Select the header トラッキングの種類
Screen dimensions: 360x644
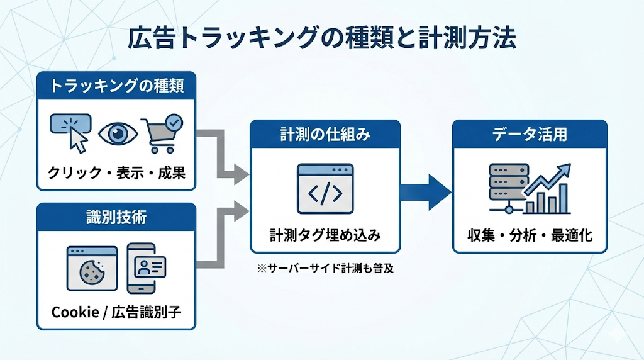[x=116, y=86]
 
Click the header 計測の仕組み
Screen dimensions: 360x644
[x=325, y=134]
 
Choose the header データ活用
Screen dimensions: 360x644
[x=530, y=134]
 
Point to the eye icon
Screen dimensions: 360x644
[x=117, y=133]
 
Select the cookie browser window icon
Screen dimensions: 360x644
[x=92, y=268]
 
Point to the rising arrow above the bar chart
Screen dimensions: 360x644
[x=548, y=178]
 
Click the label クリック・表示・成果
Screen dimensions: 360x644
[x=116, y=172]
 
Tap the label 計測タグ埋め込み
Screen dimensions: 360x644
[x=325, y=235]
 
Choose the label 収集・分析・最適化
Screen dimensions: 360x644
[x=530, y=235]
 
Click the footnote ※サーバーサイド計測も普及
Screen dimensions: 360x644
[x=325, y=268]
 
